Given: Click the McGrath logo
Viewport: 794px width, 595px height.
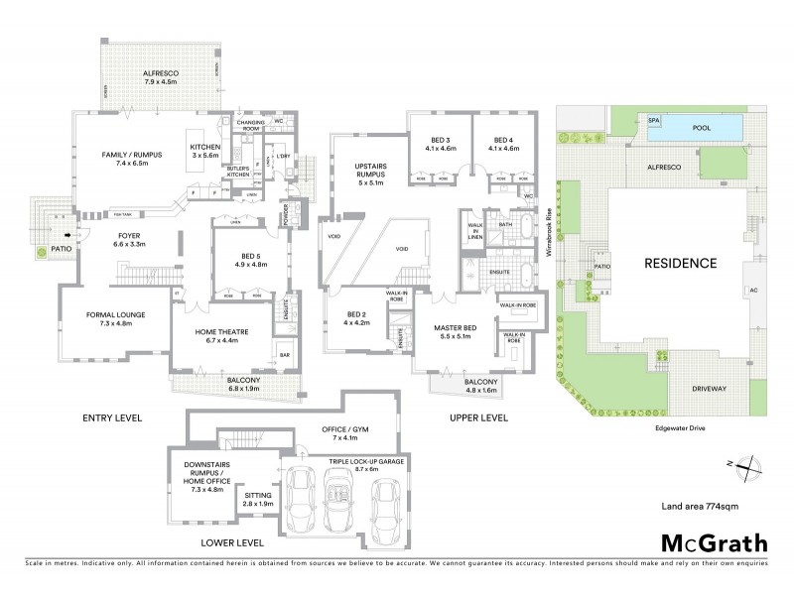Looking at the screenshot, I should [714, 542].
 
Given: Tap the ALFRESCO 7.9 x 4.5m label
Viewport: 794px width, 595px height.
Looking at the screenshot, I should [159, 77].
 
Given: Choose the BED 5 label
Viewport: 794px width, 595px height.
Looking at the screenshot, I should [245, 261].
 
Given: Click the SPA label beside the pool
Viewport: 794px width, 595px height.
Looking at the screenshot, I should [653, 120].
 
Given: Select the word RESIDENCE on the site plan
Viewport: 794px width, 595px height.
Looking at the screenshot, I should [680, 264].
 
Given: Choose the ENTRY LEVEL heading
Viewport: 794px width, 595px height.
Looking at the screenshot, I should [111, 418].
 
